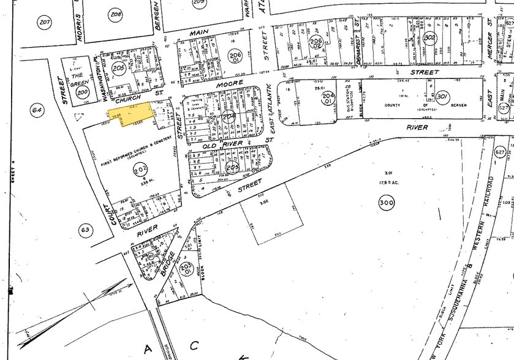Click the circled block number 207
click(x=44, y=22)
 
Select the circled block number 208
click(x=116, y=13)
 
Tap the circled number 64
click(x=37, y=110)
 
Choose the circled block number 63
click(x=86, y=230)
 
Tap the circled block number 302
click(x=430, y=37)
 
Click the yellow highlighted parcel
click(x=132, y=114)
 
